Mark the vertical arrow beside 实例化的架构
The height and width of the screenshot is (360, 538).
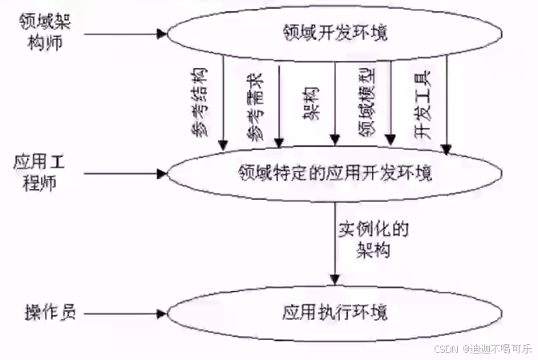[x=335, y=241]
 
